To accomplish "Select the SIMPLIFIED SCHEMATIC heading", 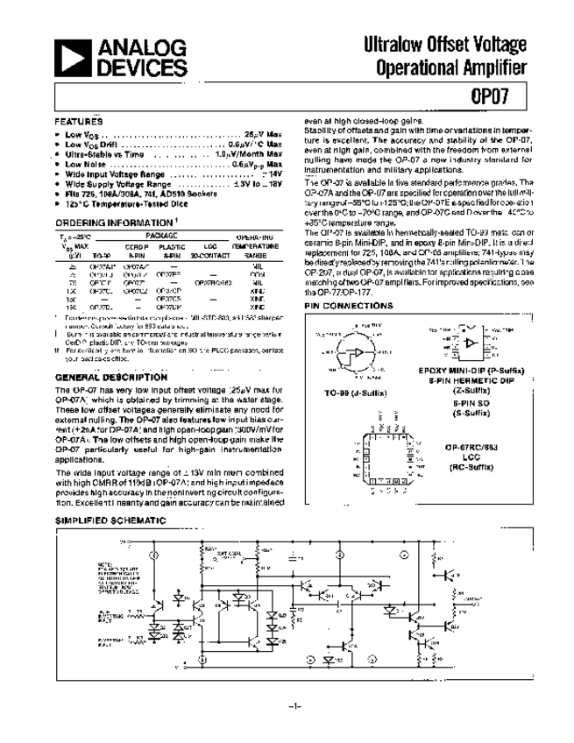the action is [x=110, y=520].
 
